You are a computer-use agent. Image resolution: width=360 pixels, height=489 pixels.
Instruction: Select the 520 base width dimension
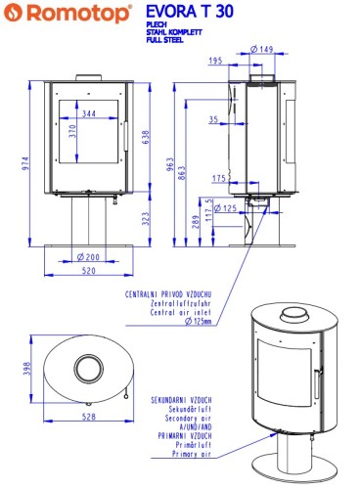(89, 271)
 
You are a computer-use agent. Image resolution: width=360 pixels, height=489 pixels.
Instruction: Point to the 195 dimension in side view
(215, 61)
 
